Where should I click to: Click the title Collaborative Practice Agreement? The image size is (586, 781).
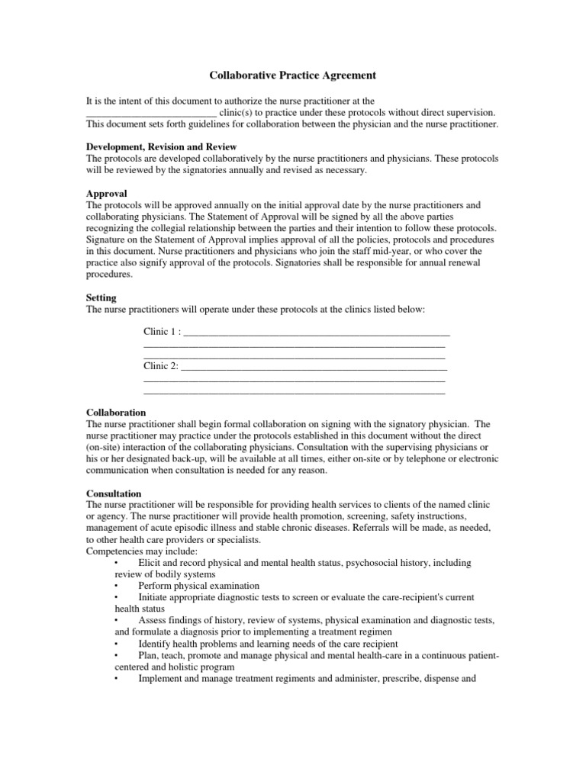293,76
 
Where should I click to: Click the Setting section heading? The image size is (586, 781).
101,300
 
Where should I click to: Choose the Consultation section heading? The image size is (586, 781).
114,494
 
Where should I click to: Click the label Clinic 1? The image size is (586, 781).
163,332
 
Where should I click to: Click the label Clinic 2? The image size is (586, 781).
161,366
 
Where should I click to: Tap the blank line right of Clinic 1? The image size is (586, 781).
317,333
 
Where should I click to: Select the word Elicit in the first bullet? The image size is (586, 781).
149,562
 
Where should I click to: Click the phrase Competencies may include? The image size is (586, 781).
131,551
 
